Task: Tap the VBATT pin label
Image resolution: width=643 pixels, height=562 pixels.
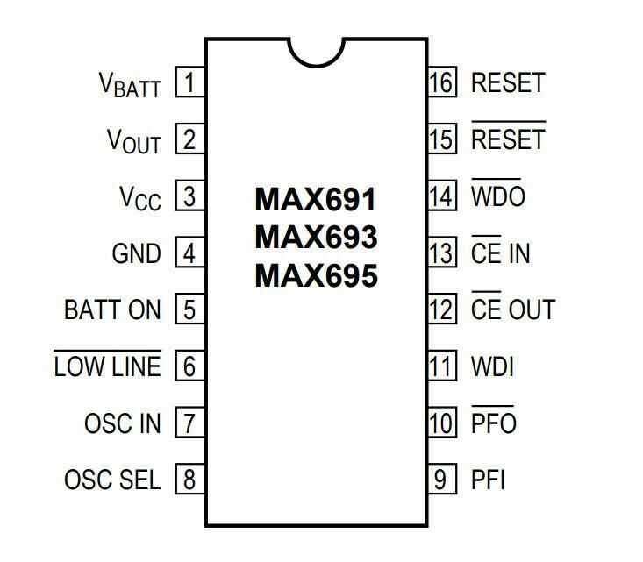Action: (130, 85)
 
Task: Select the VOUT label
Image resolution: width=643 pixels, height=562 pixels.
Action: (134, 141)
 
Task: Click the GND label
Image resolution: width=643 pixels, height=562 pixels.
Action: (137, 254)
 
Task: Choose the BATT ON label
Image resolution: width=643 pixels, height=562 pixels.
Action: (113, 310)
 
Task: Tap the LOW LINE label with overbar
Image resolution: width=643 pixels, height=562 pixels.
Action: (108, 366)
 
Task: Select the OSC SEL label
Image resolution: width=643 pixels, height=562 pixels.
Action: (113, 480)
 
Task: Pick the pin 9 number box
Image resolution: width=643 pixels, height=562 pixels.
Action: (443, 480)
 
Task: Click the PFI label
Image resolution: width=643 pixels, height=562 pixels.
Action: (489, 480)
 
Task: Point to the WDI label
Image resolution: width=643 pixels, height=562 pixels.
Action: (492, 366)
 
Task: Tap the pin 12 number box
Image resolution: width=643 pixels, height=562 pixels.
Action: (443, 309)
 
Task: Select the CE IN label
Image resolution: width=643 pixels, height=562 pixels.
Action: (501, 253)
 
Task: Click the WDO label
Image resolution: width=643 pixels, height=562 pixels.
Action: (498, 196)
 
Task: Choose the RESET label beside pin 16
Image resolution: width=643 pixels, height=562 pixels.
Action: (508, 83)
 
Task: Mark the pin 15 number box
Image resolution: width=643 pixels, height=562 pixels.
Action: (443, 139)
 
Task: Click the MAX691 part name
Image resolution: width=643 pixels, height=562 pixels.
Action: (316, 200)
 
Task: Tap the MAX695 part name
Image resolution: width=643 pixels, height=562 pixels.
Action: (316, 276)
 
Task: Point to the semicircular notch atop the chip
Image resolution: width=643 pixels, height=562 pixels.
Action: (316, 49)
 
